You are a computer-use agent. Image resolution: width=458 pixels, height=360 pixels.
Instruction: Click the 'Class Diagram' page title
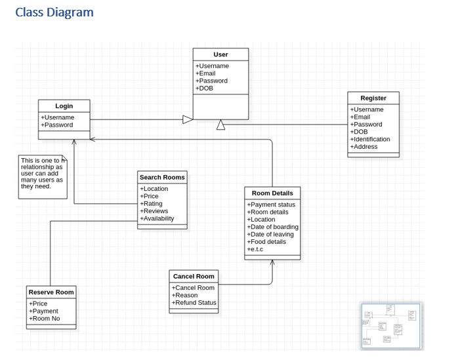click(x=54, y=12)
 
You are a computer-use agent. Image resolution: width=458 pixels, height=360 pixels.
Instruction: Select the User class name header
click(x=220, y=54)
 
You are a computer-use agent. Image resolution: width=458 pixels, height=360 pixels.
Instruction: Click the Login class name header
click(x=64, y=106)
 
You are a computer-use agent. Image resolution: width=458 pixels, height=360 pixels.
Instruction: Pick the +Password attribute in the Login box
click(x=57, y=125)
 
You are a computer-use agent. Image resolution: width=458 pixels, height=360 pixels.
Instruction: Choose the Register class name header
click(x=373, y=98)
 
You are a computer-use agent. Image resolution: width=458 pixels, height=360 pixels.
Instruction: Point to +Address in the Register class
click(x=364, y=147)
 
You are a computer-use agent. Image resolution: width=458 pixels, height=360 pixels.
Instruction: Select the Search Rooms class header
click(x=162, y=177)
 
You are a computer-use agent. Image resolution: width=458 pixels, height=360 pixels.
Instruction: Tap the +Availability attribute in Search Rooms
click(x=157, y=218)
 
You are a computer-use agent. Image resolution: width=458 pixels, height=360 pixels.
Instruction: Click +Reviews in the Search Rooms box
click(x=154, y=211)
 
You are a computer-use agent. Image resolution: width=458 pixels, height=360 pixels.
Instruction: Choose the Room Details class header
click(x=272, y=193)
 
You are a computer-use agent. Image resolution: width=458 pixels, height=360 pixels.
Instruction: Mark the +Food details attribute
click(x=266, y=241)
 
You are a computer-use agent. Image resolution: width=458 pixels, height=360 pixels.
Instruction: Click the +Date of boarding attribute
click(x=272, y=227)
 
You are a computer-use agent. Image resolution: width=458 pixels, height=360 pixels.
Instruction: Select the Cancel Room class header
click(x=194, y=276)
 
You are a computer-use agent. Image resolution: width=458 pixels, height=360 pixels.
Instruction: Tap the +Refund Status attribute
click(x=194, y=302)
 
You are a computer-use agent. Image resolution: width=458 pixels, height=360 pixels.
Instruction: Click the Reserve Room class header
click(x=51, y=292)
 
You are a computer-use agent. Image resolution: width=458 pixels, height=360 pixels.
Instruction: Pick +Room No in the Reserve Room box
click(x=44, y=318)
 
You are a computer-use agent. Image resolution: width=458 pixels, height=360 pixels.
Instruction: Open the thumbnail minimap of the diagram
click(x=391, y=325)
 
